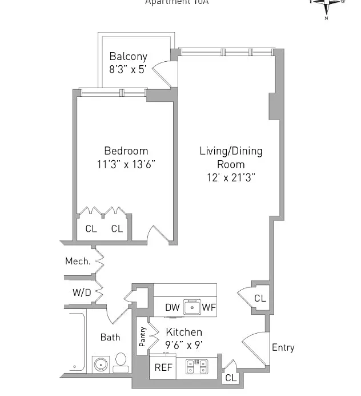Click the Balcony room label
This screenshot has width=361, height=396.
[x=128, y=56]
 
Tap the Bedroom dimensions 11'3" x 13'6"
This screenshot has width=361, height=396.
[x=126, y=164]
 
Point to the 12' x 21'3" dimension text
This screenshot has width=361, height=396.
[x=231, y=177]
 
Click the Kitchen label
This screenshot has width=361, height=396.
[x=184, y=332]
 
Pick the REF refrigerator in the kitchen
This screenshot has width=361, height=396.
[x=164, y=367]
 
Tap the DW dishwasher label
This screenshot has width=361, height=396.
[x=172, y=307]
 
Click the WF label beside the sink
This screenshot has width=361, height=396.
[x=208, y=307]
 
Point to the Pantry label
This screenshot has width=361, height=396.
[x=142, y=337]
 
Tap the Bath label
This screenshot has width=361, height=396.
[x=110, y=337]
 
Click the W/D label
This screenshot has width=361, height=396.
[x=81, y=292]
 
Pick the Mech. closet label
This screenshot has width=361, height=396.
[x=78, y=262]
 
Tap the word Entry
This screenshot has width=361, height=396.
[x=283, y=347]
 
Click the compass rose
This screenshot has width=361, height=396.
[x=328, y=6]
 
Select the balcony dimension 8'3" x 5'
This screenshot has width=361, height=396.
[x=128, y=68]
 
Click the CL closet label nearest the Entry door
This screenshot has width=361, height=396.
[x=231, y=378]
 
